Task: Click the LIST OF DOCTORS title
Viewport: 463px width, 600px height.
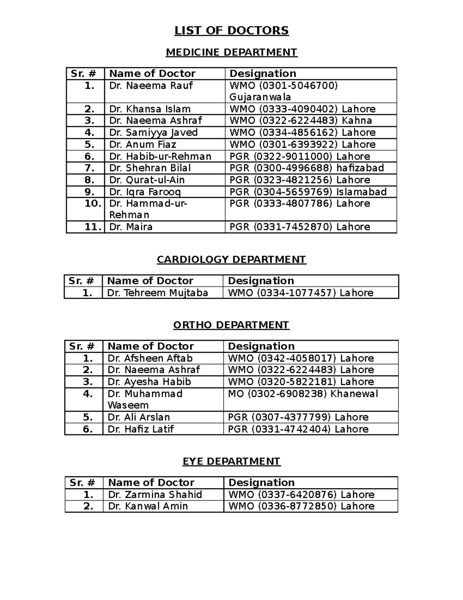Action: click(x=231, y=31)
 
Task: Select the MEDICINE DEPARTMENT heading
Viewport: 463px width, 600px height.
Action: click(x=231, y=52)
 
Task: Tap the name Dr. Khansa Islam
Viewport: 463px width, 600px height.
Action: click(x=150, y=109)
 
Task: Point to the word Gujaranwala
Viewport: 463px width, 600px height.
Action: click(x=260, y=97)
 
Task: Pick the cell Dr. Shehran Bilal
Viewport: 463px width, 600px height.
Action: click(x=150, y=168)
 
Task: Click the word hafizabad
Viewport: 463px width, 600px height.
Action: click(x=360, y=168)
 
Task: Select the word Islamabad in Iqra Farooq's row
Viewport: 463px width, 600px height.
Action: click(x=361, y=192)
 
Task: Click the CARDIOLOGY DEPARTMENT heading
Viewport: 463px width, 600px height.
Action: click(x=231, y=260)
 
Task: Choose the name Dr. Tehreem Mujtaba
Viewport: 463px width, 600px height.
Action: click(x=157, y=293)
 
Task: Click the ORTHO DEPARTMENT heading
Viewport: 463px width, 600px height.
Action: click(x=231, y=325)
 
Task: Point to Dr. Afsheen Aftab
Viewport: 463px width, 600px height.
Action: click(x=150, y=358)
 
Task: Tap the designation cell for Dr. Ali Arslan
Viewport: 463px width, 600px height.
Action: click(x=298, y=417)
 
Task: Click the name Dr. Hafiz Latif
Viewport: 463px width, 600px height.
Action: click(x=140, y=429)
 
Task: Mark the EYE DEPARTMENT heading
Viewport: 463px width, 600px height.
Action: click(x=231, y=462)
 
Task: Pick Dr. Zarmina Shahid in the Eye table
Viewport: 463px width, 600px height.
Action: click(x=155, y=495)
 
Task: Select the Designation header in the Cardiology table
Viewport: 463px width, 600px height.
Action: click(x=261, y=281)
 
